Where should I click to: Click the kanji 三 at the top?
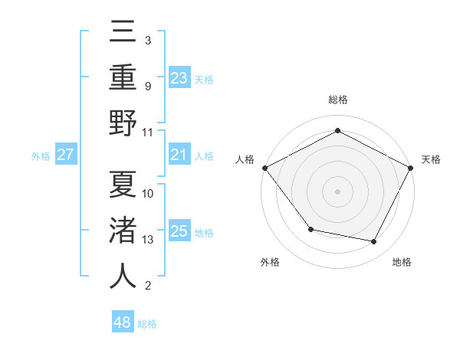[123, 32]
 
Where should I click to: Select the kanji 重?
[123, 77]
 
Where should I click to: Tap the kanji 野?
[123, 123]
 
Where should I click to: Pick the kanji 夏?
[123, 184]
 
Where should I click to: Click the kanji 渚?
[123, 230]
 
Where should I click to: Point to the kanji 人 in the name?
[123, 276]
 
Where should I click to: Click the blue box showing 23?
[179, 78]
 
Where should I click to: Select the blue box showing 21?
[179, 155]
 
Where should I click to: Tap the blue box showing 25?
[179, 232]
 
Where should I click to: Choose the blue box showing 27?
[66, 155]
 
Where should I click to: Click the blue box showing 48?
[123, 322]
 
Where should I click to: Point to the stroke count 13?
[149, 240]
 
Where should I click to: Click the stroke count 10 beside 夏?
[149, 193]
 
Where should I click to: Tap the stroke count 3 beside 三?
[147, 40]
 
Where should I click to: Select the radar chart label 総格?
[337, 100]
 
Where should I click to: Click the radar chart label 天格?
[431, 159]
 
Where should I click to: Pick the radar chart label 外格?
[270, 263]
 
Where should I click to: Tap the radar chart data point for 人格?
[264, 168]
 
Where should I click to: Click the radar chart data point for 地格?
[374, 242]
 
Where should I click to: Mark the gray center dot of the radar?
[337, 191]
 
